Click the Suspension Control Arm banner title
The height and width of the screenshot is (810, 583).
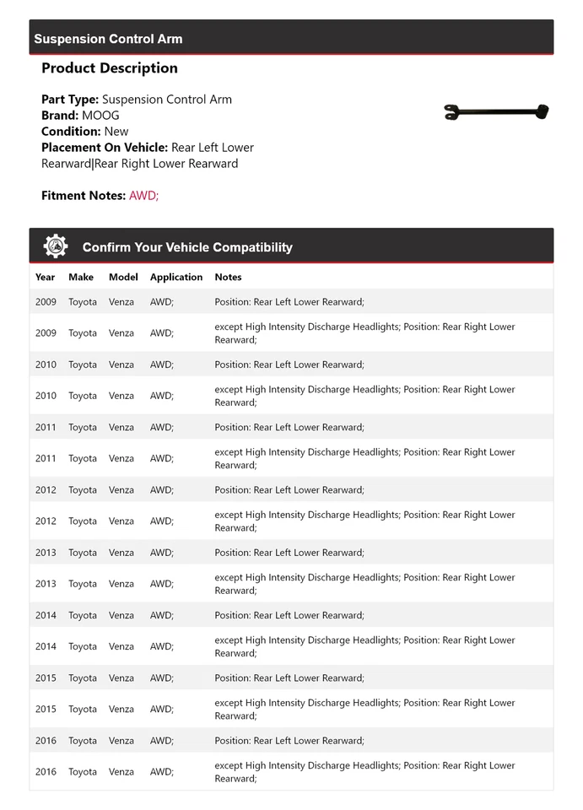point(108,39)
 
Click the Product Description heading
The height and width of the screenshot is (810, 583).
point(110,68)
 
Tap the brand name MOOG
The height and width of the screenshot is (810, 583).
point(100,116)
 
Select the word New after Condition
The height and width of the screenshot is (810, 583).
point(116,132)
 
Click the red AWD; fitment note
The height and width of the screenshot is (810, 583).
point(143,196)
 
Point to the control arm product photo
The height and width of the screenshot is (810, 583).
point(496,111)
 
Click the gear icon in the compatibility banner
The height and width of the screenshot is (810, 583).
point(56,246)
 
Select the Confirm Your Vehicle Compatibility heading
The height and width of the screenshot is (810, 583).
point(187,247)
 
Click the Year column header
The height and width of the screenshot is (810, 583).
point(45,277)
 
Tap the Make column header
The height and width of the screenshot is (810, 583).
point(81,277)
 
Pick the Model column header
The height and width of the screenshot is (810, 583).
point(123,277)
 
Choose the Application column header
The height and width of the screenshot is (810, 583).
point(176,277)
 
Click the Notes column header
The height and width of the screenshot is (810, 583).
point(228,277)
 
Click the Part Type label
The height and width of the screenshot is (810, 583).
point(70,100)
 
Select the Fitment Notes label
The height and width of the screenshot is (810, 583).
point(84,196)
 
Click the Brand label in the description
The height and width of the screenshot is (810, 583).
point(60,116)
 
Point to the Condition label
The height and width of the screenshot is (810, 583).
point(71,132)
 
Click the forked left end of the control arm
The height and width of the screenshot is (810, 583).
point(452,112)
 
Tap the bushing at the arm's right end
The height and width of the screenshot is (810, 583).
point(543,110)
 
